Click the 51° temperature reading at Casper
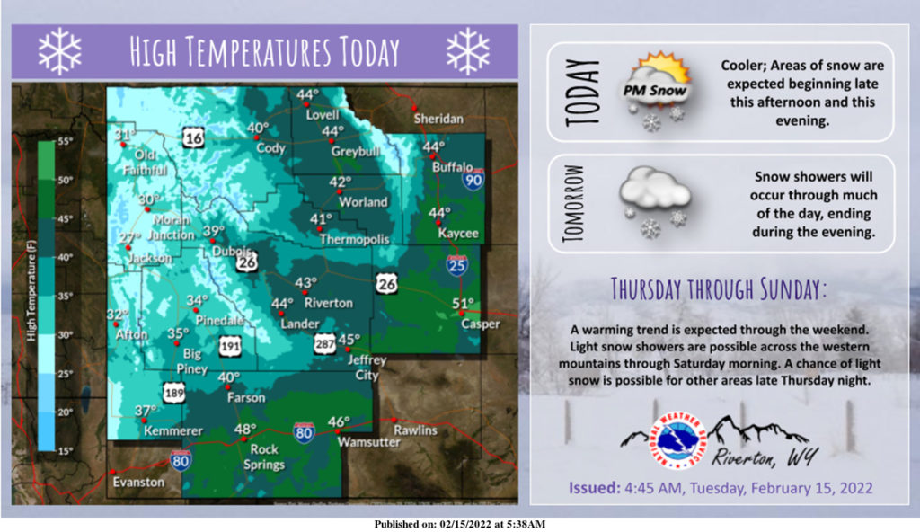463,303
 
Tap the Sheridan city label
438,119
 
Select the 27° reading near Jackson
131,237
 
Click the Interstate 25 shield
457,265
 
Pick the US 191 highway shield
230,345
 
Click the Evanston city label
138,482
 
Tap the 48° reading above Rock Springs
245,430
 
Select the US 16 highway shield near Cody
192,137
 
